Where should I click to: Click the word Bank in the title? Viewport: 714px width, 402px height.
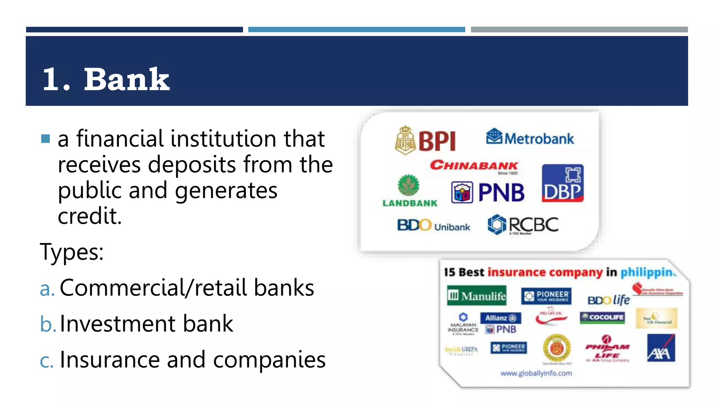[x=127, y=80]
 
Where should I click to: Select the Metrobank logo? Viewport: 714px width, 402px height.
[x=530, y=137]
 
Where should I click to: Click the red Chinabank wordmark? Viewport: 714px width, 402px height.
[x=474, y=165]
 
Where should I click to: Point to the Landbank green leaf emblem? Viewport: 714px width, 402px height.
[x=409, y=185]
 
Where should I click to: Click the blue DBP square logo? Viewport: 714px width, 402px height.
[x=562, y=183]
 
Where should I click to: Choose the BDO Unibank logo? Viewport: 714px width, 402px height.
[x=433, y=225]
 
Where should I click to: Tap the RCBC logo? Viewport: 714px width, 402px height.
[x=523, y=225]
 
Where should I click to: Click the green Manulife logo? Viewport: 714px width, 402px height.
[x=477, y=296]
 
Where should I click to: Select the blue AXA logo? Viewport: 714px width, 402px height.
[x=661, y=348]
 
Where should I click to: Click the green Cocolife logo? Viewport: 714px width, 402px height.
[x=602, y=317]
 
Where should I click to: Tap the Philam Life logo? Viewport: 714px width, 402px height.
[x=607, y=349]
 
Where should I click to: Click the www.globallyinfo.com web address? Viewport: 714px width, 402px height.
[x=536, y=373]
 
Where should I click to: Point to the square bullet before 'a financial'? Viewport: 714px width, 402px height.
[x=45, y=139]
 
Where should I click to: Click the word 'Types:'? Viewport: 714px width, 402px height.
[x=72, y=252]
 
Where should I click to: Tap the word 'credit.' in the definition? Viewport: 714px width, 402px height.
[x=90, y=216]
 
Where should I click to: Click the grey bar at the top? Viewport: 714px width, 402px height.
[x=579, y=30]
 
